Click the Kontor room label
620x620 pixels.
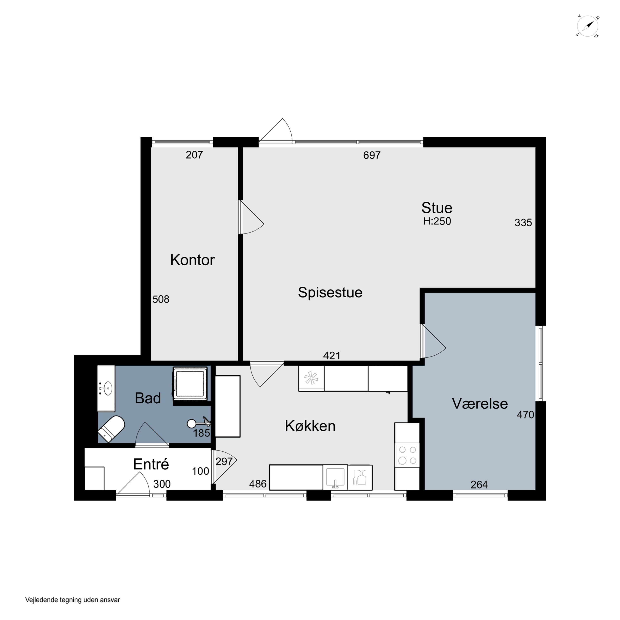192,260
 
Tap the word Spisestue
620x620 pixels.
330,293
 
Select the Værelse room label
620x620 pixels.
480,404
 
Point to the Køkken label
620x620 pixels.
310,426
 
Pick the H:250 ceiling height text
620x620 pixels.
437,221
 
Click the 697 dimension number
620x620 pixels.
372,155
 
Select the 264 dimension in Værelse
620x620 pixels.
479,485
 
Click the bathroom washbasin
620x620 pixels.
106,389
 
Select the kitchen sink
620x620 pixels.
335,478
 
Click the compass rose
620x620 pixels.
588,26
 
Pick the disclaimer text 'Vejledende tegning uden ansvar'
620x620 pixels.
73,600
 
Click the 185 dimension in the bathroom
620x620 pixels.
201,433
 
